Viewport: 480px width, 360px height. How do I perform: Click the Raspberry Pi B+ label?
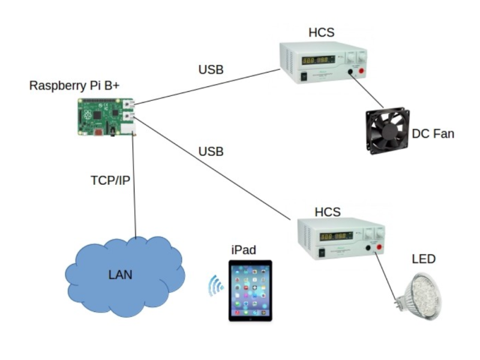tap(74, 85)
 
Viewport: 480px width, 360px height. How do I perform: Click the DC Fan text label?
tap(433, 133)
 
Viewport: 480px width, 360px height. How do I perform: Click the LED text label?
tap(423, 259)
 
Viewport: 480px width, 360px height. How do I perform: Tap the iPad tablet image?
tap(250, 290)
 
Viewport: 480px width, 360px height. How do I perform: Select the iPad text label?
tap(244, 250)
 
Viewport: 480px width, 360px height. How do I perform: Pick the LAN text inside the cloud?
tap(120, 275)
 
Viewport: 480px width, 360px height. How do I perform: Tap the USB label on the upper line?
tap(211, 70)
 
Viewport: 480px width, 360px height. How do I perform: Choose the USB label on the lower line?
tap(211, 152)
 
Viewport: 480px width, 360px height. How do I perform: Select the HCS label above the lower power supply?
tap(328, 211)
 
